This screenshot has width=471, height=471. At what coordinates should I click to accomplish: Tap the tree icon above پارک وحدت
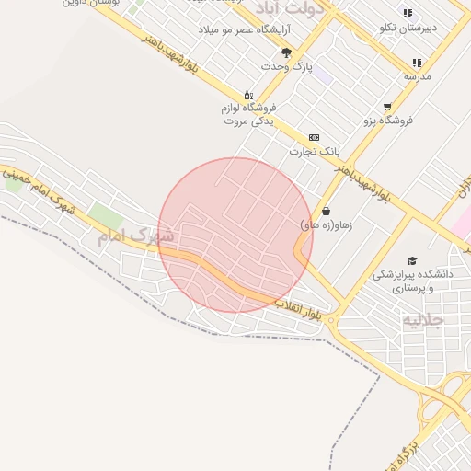click(286, 52)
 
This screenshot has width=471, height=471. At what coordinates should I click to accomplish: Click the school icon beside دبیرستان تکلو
click(451, 29)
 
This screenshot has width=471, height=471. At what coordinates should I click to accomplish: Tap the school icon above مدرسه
click(417, 63)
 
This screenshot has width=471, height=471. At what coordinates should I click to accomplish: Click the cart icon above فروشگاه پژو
click(387, 107)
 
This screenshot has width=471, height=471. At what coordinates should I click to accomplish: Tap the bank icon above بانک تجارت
click(314, 137)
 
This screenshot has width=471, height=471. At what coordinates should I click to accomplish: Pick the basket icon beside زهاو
click(327, 211)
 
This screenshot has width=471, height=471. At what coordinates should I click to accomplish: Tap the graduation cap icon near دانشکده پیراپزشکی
click(412, 260)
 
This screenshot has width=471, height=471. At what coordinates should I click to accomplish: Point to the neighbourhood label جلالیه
click(423, 320)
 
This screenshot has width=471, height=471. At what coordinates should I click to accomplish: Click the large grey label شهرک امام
click(128, 236)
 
